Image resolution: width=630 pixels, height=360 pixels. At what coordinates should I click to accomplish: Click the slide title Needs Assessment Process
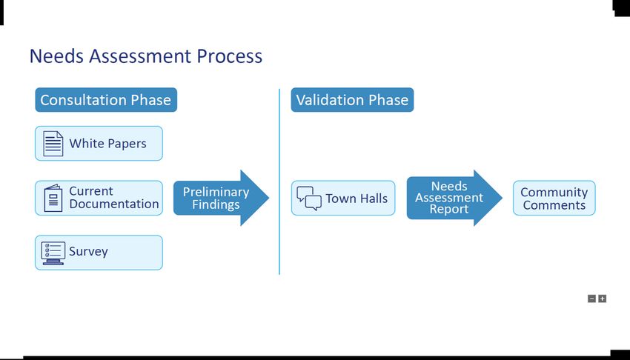[145, 56]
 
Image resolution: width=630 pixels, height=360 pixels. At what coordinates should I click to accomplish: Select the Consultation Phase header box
[105, 100]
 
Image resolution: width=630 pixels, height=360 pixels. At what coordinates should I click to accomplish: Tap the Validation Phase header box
[352, 100]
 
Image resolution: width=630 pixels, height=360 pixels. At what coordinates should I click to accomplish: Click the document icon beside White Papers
[53, 144]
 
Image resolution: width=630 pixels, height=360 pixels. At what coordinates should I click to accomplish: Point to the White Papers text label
[107, 144]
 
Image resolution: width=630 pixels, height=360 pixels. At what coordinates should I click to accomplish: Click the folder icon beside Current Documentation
[53, 198]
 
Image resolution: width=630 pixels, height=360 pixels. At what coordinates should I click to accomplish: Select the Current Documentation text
[113, 198]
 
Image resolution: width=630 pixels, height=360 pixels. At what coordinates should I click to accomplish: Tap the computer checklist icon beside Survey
[53, 253]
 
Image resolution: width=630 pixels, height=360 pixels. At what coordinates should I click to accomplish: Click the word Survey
[88, 252]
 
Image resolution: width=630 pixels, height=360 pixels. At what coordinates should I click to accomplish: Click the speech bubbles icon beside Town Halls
[309, 198]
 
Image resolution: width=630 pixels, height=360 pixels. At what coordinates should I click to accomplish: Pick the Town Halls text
[357, 199]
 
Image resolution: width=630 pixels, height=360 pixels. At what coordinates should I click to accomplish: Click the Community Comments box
[554, 199]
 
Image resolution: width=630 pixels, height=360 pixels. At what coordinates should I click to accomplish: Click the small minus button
[591, 299]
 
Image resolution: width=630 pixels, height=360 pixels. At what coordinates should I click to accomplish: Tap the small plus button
[602, 299]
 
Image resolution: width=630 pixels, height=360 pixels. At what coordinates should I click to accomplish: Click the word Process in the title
[229, 56]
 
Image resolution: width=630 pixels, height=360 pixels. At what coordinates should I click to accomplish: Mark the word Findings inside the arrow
[216, 204]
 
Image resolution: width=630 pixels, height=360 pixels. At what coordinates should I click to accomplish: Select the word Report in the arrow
[449, 210]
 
